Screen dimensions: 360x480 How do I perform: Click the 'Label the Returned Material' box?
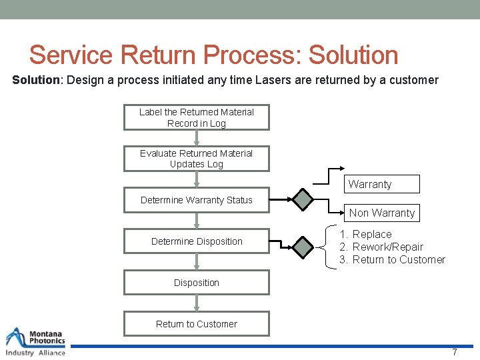(x=196, y=117)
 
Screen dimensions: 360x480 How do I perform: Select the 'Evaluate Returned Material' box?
(x=196, y=159)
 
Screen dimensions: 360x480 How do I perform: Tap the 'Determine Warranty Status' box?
(x=196, y=200)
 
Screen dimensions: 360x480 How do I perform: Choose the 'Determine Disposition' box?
(x=196, y=241)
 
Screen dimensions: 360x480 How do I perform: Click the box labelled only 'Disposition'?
(x=196, y=283)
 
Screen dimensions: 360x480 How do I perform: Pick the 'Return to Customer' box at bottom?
(x=196, y=324)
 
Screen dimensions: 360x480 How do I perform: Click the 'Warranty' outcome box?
(x=382, y=184)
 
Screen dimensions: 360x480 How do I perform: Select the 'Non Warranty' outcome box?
(x=382, y=213)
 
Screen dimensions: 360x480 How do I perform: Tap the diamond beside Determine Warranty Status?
(x=303, y=199)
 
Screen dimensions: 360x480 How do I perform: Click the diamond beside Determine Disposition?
(x=303, y=247)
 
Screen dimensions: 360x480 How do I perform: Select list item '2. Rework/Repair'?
(x=381, y=247)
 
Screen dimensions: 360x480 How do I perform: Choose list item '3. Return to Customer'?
(x=392, y=260)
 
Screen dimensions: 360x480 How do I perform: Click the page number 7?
(x=455, y=352)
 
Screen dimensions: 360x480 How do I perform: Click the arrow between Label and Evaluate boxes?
(x=196, y=138)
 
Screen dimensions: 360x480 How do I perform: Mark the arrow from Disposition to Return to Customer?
(x=196, y=303)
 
